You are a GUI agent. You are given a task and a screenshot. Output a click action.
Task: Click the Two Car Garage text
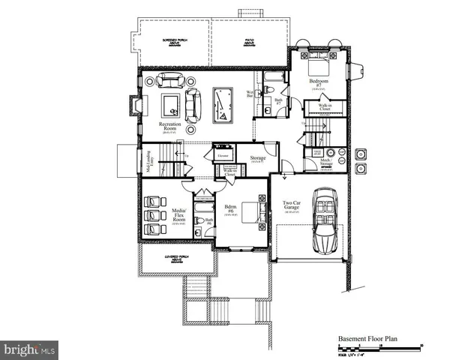point(292,206)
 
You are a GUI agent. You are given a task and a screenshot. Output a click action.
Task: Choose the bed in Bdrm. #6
point(254,215)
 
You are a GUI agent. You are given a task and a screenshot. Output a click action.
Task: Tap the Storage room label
point(259,158)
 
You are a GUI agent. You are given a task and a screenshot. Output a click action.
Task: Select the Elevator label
point(223,156)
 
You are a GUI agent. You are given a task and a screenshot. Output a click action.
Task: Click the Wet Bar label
point(250,94)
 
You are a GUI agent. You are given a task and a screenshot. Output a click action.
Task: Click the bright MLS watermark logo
point(30,349)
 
